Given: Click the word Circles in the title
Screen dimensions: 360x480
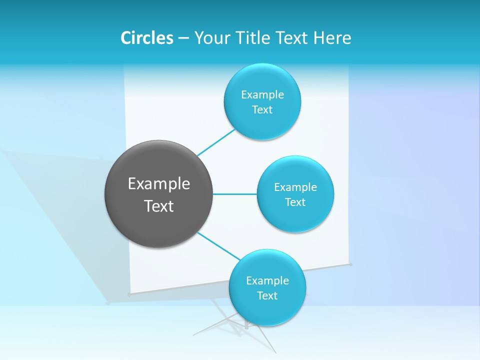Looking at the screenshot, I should tap(147, 38).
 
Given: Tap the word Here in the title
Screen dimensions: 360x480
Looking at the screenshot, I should tap(332, 38).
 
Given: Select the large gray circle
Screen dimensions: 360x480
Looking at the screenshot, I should tap(158, 194).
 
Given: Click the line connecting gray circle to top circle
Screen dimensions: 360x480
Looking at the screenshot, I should tap(216, 142).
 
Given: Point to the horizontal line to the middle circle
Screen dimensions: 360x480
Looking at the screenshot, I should tap(234, 194).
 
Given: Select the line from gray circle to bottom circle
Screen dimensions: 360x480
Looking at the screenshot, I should tap(218, 246).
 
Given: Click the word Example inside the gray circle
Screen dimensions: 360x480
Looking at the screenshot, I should tap(158, 183).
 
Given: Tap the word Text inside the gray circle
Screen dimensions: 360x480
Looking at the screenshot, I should tap(158, 206).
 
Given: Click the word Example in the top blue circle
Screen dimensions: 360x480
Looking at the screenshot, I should tap(262, 94).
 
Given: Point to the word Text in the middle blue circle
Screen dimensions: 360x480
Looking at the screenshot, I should tap(295, 202).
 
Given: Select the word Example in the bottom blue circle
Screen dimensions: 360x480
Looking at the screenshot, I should tap(267, 280).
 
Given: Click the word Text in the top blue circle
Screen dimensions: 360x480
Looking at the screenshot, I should tap(262, 109).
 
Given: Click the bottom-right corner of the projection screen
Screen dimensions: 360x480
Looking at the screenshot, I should tap(350, 264).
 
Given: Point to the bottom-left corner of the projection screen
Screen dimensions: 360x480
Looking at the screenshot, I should tap(129, 295).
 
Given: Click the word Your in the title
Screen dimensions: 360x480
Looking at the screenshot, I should tap(210, 38).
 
